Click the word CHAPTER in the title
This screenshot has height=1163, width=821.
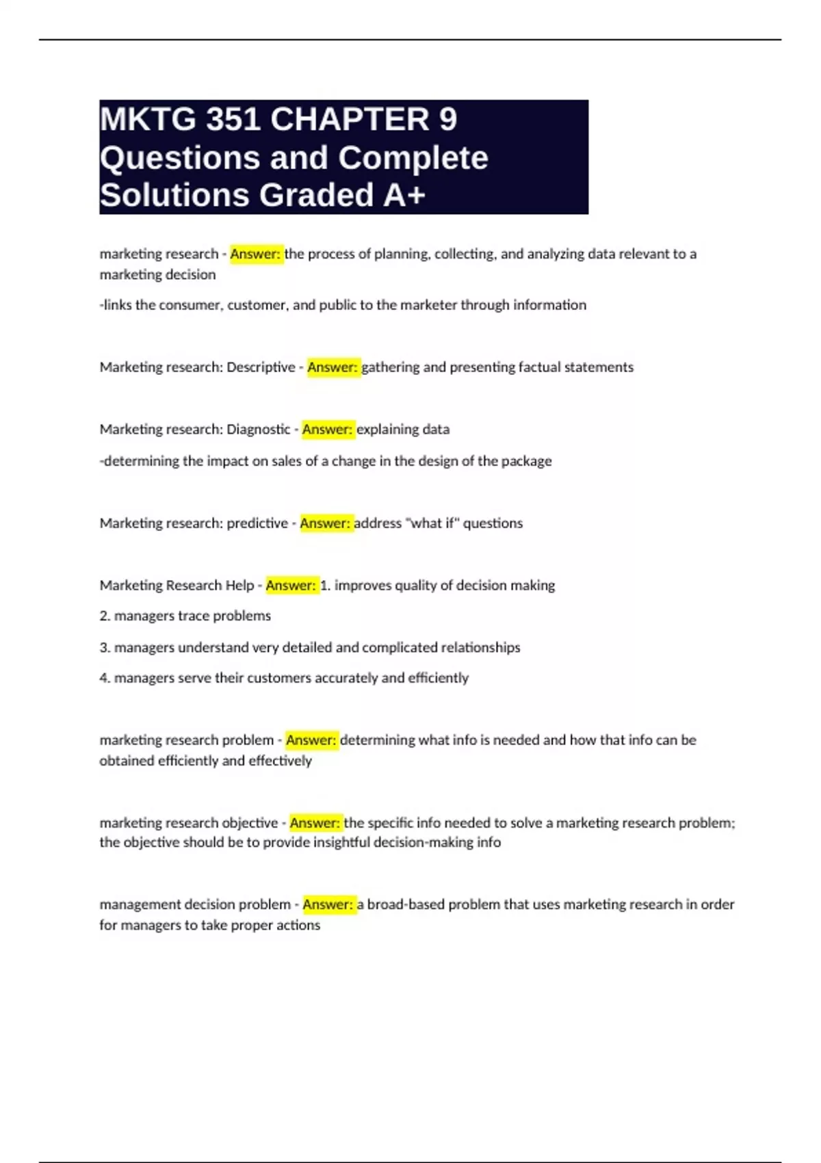pos(350,120)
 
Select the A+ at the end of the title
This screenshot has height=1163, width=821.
pos(405,195)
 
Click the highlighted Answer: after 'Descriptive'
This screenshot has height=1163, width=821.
pos(333,367)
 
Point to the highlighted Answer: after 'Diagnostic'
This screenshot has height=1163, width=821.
pos(327,430)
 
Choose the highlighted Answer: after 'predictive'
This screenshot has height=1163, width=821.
pos(325,523)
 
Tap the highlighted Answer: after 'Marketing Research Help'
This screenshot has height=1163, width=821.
pos(291,586)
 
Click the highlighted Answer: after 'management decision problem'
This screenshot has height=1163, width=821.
pos(328,904)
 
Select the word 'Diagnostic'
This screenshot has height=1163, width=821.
pos(259,430)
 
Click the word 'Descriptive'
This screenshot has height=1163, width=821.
pos(261,367)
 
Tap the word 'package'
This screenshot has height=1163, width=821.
pos(526,461)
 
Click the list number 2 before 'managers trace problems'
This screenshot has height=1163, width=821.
pos(104,616)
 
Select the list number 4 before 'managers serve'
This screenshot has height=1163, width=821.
pos(104,678)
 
